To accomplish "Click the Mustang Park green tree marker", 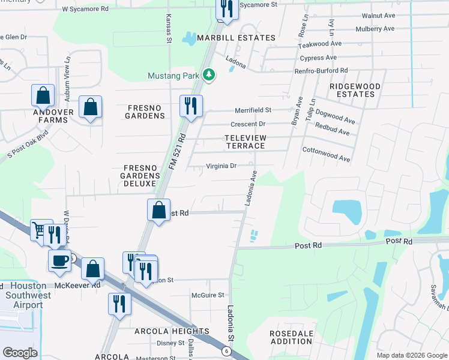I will (x=208, y=75).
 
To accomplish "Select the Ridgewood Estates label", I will (x=355, y=90).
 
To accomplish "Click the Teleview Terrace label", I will (x=245, y=142).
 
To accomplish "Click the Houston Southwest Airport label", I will (x=25, y=296).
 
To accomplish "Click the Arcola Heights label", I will (x=172, y=331).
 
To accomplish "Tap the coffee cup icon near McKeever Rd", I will (x=59, y=260).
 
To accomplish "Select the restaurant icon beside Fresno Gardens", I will (x=191, y=106).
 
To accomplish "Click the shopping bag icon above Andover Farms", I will (x=43, y=95).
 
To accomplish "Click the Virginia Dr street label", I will (x=221, y=166).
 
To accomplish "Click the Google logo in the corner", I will (x=20, y=353).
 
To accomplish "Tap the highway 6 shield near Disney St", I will (x=226, y=350).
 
